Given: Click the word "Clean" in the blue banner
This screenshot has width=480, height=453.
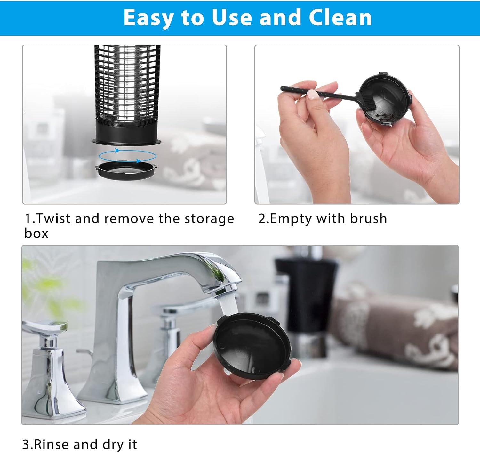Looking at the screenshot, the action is (x=340, y=17).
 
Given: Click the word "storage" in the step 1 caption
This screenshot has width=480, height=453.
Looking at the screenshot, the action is (x=209, y=219).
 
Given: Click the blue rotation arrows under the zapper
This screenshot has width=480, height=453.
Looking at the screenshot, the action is (x=127, y=156).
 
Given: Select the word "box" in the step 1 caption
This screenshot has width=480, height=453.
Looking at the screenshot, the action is (x=36, y=233).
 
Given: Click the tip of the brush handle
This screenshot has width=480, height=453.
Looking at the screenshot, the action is (x=282, y=88).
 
